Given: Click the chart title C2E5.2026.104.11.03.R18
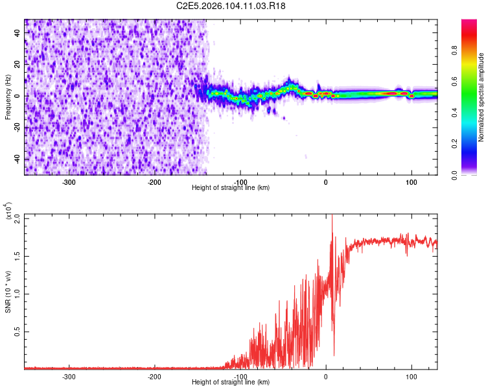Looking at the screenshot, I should click(231, 6).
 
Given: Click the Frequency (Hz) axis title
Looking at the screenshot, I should click(8, 97).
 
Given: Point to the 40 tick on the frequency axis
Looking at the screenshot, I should click(18, 32).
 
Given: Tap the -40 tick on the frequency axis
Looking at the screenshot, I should click(18, 159).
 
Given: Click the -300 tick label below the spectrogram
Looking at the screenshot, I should click(69, 182).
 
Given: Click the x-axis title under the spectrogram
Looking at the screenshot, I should click(231, 187).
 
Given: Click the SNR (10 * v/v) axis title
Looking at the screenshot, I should click(8, 292).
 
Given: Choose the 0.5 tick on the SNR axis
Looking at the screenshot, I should click(17, 331).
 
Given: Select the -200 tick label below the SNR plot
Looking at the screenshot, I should click(154, 376).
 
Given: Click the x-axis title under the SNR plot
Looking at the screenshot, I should click(231, 382).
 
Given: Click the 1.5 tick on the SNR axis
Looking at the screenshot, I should click(17, 255).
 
